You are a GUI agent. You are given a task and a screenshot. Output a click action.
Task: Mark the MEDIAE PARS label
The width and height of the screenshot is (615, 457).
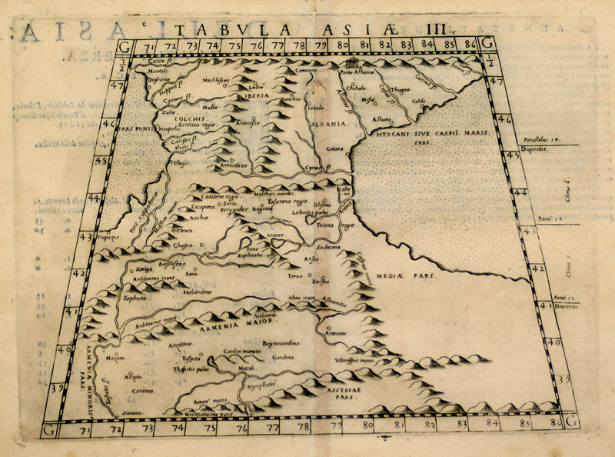pyautogui.click(x=407, y=275)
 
